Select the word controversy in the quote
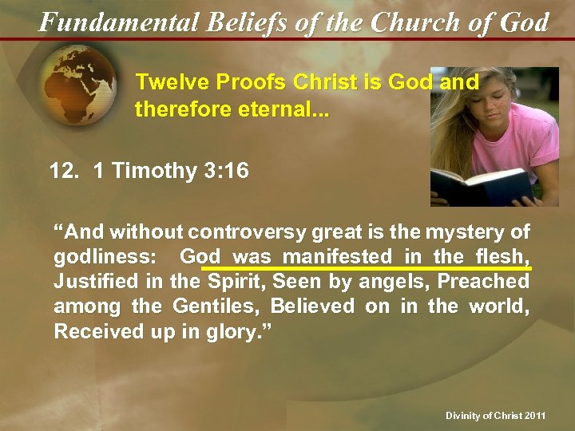click(243, 232)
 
